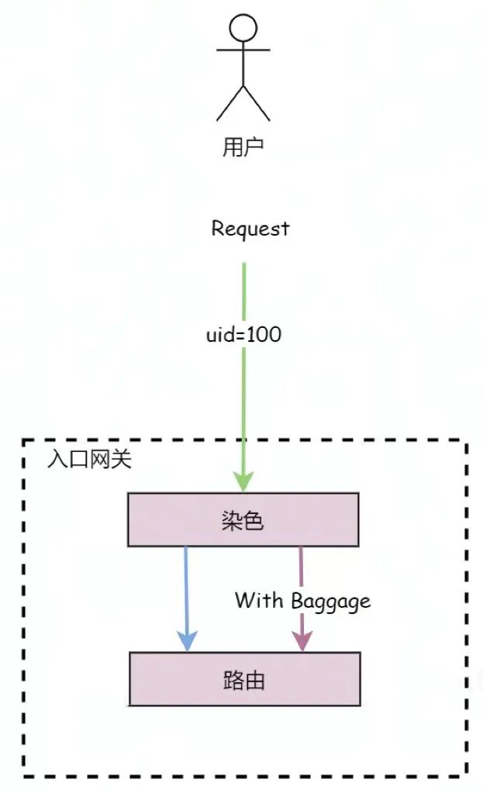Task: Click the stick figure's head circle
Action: (243, 28)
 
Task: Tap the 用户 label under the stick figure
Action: (243, 147)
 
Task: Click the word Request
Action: (250, 229)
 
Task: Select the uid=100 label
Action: (243, 335)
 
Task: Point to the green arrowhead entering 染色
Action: (243, 481)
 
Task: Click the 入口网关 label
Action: (89, 459)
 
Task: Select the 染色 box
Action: (243, 519)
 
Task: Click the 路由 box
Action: (244, 679)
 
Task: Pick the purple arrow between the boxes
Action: (301, 574)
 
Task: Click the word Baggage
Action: (331, 601)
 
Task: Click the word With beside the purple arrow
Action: (260, 600)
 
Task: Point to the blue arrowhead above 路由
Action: (187, 642)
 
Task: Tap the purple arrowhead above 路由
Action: (301, 642)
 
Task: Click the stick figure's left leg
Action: (229, 104)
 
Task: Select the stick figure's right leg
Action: (257, 104)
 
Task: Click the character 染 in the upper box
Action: (232, 520)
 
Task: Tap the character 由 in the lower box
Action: (254, 680)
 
